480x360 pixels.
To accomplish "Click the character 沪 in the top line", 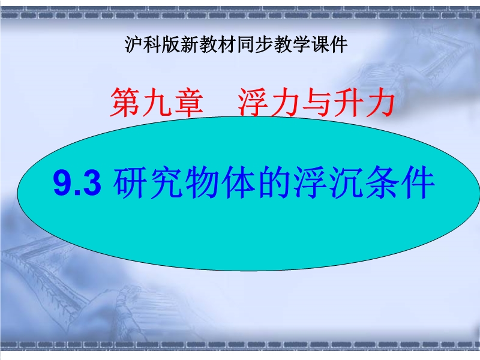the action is click(x=134, y=44).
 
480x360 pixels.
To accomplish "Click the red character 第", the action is click(x=125, y=102).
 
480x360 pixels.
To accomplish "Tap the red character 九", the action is click(x=157, y=102).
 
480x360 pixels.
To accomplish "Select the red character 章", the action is click(x=188, y=102).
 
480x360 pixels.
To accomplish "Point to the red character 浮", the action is click(x=253, y=102).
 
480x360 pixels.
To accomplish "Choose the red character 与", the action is click(x=316, y=102).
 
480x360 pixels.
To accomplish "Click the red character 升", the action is click(x=347, y=102).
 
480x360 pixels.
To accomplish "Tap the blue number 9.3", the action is click(x=77, y=183).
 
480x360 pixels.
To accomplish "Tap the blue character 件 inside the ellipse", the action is click(x=418, y=183).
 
